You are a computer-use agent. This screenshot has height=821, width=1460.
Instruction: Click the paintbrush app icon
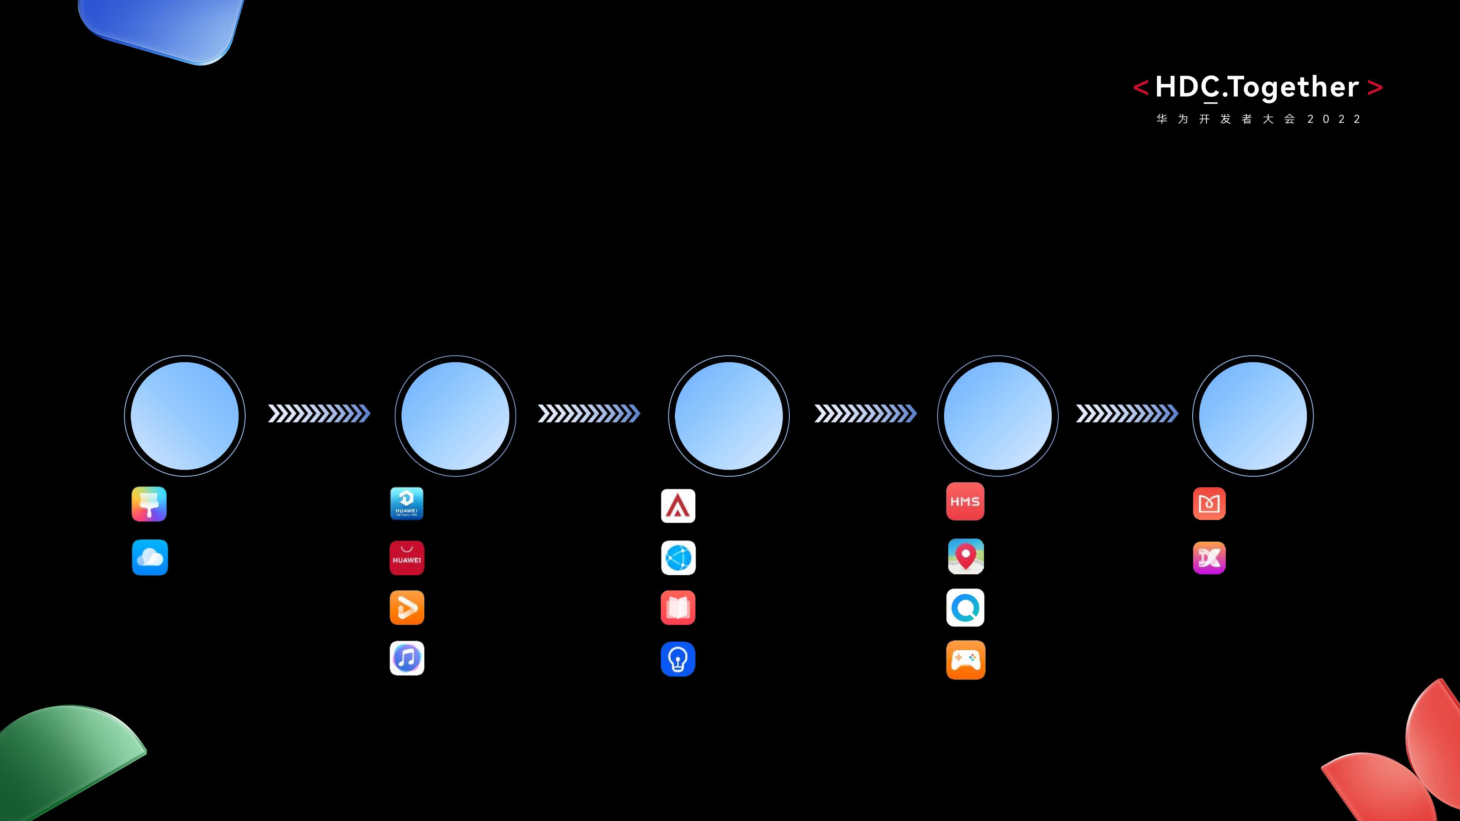coord(149,504)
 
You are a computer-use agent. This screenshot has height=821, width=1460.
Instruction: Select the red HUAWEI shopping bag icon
coord(407,558)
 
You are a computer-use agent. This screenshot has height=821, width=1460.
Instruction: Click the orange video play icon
coord(407,607)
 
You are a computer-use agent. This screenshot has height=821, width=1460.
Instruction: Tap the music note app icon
coord(407,658)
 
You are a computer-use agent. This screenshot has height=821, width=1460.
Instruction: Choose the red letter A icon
coord(678,506)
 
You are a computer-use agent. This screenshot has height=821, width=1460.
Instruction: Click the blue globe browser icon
coord(678,558)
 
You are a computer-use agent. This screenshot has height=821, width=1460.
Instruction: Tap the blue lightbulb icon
coord(678,658)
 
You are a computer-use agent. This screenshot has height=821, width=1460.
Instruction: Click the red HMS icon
coord(965,501)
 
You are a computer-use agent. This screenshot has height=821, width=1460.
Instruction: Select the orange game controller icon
coord(966,659)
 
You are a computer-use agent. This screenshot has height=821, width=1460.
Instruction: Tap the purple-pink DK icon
coord(1209,558)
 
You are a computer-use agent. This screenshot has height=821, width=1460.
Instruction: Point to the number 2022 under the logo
coord(1334,119)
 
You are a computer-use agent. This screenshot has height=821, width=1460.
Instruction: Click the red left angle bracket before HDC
coord(1140,88)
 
